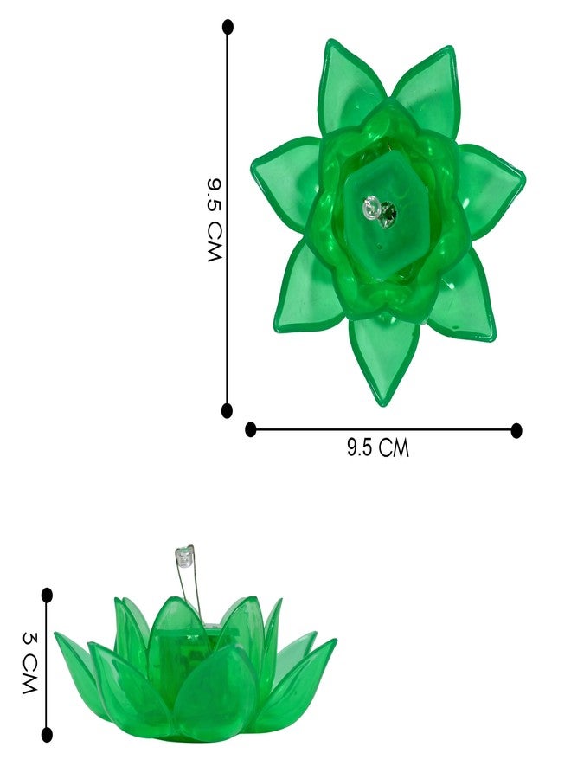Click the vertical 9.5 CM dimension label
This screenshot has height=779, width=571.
click(215, 220)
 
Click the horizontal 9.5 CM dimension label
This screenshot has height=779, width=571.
click(378, 447)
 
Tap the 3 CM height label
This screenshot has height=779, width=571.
click(29, 663)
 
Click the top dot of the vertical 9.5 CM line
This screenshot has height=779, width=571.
click(228, 27)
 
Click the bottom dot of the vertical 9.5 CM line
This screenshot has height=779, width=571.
click(227, 410)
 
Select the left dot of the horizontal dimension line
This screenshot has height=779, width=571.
click(251, 429)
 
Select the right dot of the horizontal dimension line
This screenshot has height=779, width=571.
click(516, 430)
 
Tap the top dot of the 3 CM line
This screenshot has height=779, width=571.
click(48, 595)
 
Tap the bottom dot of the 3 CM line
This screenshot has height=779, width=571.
click(47, 734)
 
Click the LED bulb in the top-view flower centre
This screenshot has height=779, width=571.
click(371, 208)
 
